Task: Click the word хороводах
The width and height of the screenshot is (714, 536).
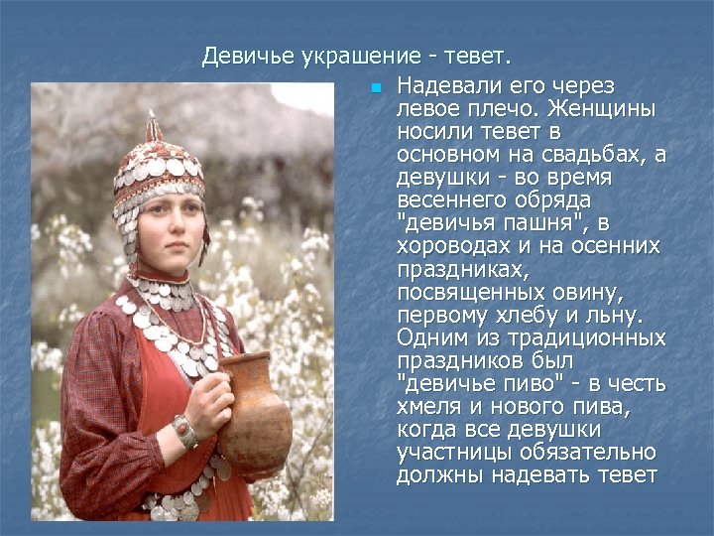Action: (450, 246)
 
